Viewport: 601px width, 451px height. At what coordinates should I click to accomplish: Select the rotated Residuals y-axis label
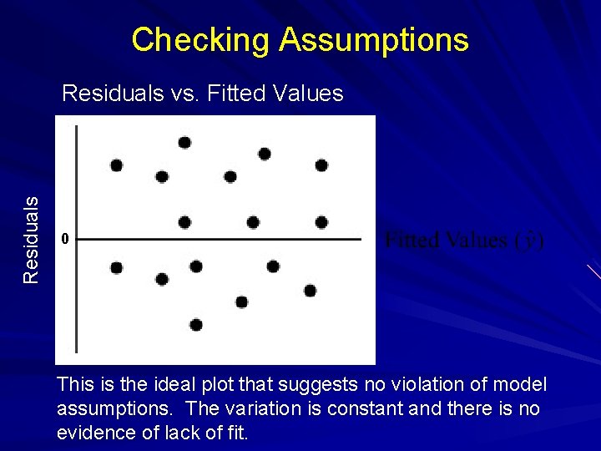[31, 239]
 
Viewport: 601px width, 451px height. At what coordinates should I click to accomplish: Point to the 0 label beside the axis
[63, 240]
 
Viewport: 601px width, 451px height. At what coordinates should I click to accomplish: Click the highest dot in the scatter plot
[184, 142]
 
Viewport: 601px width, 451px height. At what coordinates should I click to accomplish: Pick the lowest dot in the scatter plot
[196, 325]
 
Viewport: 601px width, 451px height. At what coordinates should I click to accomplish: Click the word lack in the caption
[184, 433]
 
